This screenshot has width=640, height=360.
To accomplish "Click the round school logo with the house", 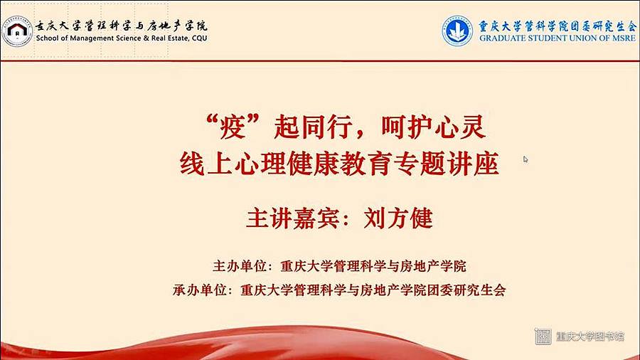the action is pyautogui.click(x=17, y=31).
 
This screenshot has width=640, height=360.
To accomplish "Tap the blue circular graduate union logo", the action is pyautogui.click(x=457, y=31).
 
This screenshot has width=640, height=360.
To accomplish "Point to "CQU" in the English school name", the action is pyautogui.click(x=200, y=38).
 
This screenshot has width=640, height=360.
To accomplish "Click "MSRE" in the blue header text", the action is pyautogui.click(x=623, y=38).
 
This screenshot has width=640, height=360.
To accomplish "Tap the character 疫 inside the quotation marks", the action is pyautogui.click(x=233, y=127).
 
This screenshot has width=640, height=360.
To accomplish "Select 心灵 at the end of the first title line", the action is pyautogui.click(x=460, y=127).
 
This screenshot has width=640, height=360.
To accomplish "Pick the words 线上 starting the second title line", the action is pyautogui.click(x=206, y=164).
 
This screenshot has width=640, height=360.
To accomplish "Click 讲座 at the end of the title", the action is pyautogui.click(x=474, y=164).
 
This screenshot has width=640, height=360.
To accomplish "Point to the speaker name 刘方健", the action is pyautogui.click(x=398, y=218).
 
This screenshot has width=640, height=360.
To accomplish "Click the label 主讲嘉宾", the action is pyautogui.click(x=293, y=218).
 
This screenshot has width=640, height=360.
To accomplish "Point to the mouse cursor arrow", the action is pyautogui.click(x=526, y=159).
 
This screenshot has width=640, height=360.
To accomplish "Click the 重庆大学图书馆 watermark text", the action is pyautogui.click(x=590, y=337).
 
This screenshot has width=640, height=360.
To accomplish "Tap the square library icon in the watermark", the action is pyautogui.click(x=543, y=337).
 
